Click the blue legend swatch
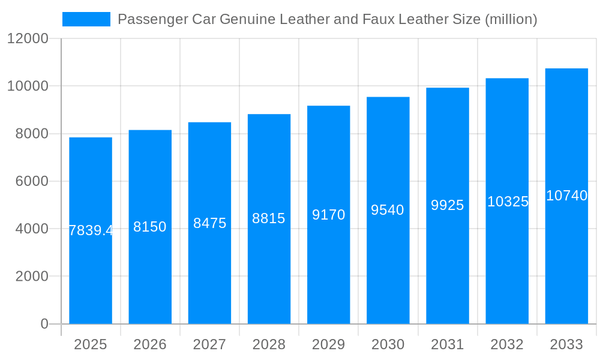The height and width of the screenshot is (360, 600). [86, 19]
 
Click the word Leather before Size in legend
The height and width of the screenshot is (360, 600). [423, 19]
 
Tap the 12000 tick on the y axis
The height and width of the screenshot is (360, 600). [28, 39]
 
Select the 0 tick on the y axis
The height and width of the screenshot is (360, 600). [44, 324]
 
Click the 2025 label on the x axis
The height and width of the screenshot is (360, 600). [91, 344]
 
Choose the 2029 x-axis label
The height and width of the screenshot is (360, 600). [328, 344]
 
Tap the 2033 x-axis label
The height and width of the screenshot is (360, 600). [566, 344]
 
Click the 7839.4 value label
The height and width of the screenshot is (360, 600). [91, 230]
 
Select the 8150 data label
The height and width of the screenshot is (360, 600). [150, 227]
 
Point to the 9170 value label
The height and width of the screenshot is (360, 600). [328, 215]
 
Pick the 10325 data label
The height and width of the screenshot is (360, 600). [507, 202]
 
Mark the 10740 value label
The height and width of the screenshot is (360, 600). [566, 196]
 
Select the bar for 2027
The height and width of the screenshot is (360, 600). [209, 270]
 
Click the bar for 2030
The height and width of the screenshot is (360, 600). [388, 270]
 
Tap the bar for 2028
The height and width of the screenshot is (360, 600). [269, 270]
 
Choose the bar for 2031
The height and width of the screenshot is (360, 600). [448, 270]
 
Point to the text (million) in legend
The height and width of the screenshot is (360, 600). [511, 19]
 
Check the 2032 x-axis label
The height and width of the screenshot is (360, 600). [507, 344]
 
